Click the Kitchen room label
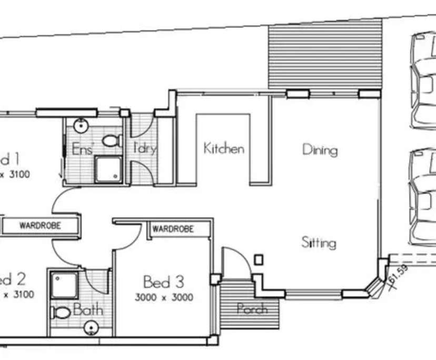[x=224, y=148]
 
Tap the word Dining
[x=320, y=150]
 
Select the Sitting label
[x=319, y=243]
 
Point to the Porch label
[x=252, y=309]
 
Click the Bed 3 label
[x=164, y=282]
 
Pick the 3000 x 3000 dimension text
[x=164, y=297]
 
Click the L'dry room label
[x=144, y=148]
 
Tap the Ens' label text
[x=82, y=149]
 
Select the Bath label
[x=88, y=311]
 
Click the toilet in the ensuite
[x=111, y=141]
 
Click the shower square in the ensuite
[x=108, y=169]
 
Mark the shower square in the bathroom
[x=64, y=285]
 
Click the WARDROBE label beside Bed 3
[x=173, y=229]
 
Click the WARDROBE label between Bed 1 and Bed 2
[x=40, y=226]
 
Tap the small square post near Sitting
[x=258, y=259]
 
